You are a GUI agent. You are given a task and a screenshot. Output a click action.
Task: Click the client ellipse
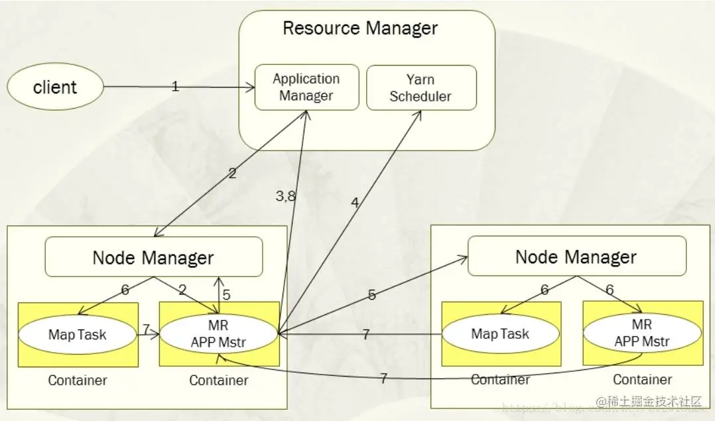[x=55, y=88]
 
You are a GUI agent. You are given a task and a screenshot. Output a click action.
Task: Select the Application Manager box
[x=306, y=88]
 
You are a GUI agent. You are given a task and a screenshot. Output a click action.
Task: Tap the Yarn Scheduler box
[x=421, y=88]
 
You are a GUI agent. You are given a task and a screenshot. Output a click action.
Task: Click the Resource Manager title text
[x=360, y=29]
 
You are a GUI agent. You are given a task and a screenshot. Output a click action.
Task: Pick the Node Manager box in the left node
[x=153, y=257]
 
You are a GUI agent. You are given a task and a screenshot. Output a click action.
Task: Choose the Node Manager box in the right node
[x=576, y=257]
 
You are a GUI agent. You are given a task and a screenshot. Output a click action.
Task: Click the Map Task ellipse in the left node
[x=78, y=333]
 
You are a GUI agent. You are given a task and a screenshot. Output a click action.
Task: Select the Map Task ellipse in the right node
[x=500, y=333]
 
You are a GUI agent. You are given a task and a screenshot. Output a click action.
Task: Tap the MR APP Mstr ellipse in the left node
[x=219, y=334]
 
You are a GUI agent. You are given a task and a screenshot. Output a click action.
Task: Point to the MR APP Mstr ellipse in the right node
[x=641, y=334]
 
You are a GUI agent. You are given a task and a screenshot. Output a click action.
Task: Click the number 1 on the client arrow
[x=175, y=86]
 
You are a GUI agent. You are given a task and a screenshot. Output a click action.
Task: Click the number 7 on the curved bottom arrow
[x=383, y=379]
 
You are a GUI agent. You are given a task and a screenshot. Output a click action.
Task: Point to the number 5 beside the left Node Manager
[x=226, y=296]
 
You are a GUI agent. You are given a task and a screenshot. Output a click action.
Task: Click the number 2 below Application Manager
[x=232, y=174]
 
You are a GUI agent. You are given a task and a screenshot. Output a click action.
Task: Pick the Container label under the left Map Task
[x=78, y=381]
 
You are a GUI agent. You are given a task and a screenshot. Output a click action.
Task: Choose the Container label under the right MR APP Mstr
[x=642, y=380]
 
